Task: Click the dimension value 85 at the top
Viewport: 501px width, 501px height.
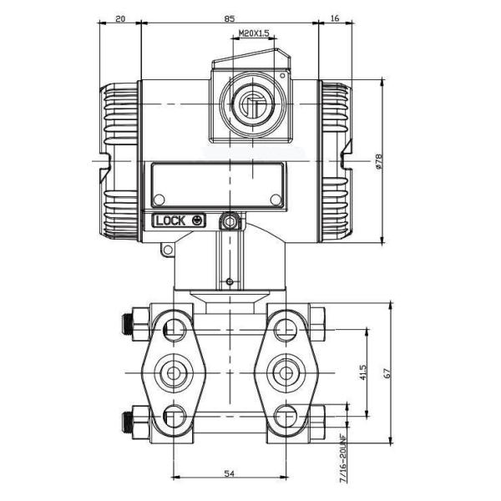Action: [229, 17]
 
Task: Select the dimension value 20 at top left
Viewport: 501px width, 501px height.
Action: [119, 17]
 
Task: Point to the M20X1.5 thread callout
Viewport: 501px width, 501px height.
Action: [254, 33]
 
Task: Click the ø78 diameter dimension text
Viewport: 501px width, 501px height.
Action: [379, 162]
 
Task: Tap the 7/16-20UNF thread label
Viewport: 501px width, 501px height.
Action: [342, 460]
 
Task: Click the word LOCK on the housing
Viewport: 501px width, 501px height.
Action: [170, 220]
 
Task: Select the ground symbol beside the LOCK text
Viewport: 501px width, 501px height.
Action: [197, 220]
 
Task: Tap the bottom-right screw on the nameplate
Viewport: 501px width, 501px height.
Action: [275, 198]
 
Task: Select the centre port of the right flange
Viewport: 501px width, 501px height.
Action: [284, 371]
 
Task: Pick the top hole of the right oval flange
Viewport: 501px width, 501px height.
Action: [284, 326]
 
